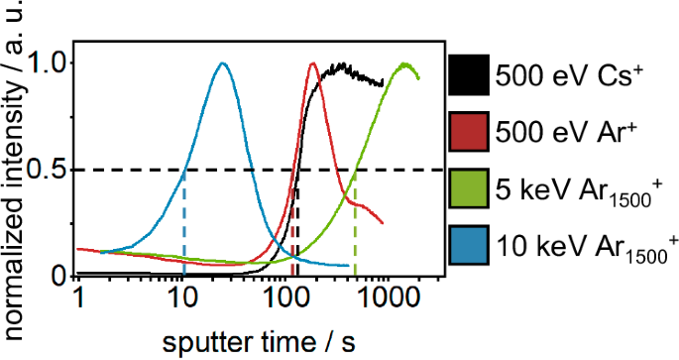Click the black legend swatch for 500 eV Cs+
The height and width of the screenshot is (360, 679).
(x=471, y=74)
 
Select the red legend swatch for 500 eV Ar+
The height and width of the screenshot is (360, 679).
(x=471, y=131)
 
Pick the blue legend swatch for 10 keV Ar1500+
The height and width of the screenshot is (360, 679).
(x=471, y=245)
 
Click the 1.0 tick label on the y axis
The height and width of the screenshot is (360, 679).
(x=51, y=63)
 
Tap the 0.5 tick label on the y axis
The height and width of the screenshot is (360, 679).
(x=51, y=170)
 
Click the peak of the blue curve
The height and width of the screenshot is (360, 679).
(x=223, y=63)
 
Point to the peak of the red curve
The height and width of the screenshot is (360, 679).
(x=313, y=63)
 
